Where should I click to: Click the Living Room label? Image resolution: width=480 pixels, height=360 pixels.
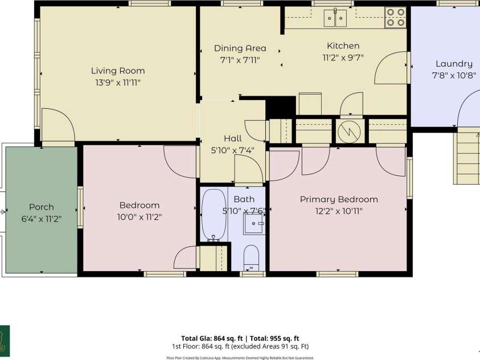[118, 71]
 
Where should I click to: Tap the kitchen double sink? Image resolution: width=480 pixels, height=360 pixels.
[335, 18]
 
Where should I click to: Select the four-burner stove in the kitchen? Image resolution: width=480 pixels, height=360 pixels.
[396, 18]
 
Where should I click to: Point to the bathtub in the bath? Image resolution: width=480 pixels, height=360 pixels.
[214, 215]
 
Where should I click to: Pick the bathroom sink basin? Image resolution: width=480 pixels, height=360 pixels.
[253, 224]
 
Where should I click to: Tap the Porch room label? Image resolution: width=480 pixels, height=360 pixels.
[42, 207]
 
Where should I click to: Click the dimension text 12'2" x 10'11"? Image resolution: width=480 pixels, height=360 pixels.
[339, 211]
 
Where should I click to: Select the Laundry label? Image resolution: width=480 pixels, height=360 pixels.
[454, 64]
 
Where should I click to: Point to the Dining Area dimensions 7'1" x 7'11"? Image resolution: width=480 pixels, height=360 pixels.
[240, 60]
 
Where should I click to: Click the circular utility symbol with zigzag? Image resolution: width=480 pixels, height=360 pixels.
[349, 132]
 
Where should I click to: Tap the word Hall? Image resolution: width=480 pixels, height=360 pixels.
[233, 138]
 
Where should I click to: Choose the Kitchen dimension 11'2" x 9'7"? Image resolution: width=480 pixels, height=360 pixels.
[343, 58]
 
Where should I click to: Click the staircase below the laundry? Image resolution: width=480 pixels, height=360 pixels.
[466, 158]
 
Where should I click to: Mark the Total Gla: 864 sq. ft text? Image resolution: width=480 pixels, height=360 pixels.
[212, 338]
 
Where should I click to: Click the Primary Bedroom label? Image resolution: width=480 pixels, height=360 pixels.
[339, 199]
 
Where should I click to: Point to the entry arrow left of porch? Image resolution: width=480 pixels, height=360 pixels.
[3, 211]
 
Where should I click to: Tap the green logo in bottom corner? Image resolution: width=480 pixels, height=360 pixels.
[5, 341]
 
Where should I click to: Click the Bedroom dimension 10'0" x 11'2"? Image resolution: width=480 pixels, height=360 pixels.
[140, 217]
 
